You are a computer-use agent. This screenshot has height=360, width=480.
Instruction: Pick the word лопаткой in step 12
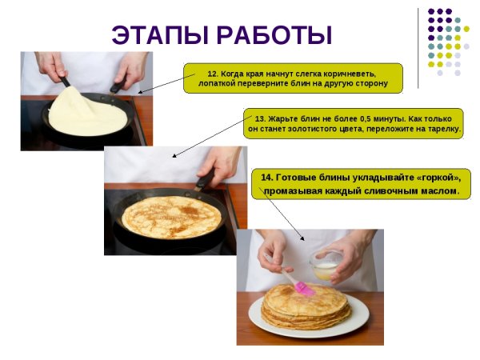pos(220,83)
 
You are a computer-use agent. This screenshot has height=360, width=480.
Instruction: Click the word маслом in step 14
pos(438,191)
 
